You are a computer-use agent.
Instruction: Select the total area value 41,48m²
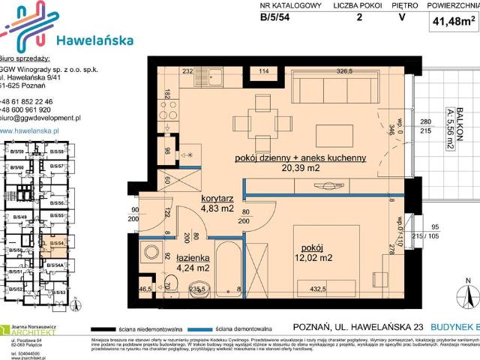pos(452,22)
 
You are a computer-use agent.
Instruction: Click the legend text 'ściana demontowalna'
pos(241,328)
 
